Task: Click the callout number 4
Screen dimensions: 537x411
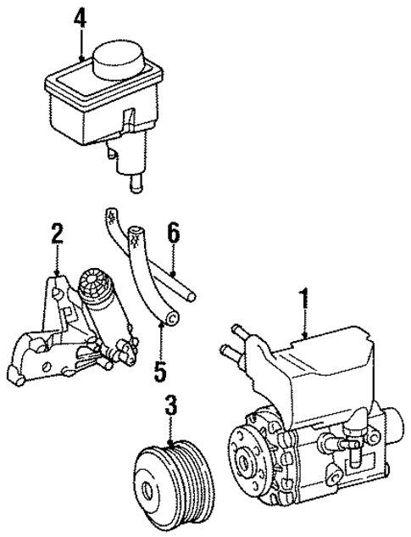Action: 81,16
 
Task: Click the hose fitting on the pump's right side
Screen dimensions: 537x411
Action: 339,441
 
